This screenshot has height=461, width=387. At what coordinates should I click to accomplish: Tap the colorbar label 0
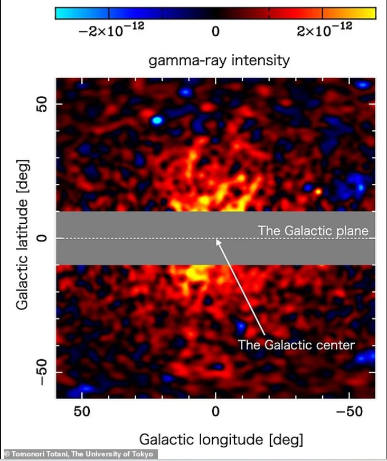[215, 32]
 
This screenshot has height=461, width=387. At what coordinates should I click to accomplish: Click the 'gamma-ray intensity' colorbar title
[219, 60]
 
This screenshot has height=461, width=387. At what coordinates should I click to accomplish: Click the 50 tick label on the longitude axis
[82, 411]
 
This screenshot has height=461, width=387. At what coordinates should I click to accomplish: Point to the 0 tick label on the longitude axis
[215, 411]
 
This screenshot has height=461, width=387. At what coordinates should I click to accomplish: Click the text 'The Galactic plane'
[313, 231]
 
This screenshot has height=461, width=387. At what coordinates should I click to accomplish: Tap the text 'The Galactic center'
[296, 345]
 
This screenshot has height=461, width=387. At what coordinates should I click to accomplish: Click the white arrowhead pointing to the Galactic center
[217, 241]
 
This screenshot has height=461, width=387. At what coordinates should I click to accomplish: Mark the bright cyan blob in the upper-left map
[157, 120]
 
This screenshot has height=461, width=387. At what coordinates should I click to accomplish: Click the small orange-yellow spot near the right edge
[318, 191]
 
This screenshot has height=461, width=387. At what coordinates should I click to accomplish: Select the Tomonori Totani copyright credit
[79, 454]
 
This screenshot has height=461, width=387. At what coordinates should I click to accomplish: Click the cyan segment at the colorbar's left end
[82, 13]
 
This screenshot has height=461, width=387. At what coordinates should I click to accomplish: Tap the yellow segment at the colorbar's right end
[349, 13]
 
